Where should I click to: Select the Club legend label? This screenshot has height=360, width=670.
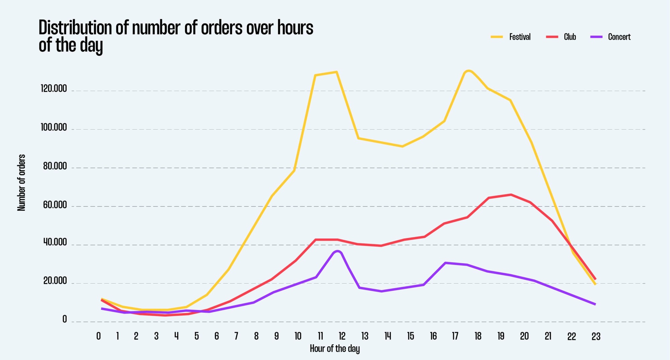[x=569, y=37]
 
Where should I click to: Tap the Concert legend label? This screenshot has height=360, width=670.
[x=619, y=37]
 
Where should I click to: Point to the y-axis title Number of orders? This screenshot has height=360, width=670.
[x=21, y=183]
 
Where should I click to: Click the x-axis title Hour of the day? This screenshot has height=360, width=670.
[x=334, y=349]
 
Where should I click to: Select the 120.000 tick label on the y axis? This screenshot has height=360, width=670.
[x=54, y=89]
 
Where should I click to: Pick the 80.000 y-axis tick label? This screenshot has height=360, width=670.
[x=55, y=166]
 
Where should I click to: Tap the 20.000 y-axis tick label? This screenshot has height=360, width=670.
[x=55, y=281]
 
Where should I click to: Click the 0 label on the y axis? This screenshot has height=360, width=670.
[x=65, y=319]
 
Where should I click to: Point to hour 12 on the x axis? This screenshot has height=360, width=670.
[x=342, y=336]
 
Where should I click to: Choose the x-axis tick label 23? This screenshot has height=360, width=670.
[x=596, y=336]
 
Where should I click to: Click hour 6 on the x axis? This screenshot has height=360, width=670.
[x=216, y=336]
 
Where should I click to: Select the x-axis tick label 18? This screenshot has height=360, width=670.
[x=478, y=336]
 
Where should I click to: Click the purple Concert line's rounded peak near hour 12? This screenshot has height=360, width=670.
[x=337, y=251]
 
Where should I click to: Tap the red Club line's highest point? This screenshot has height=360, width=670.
[x=511, y=195]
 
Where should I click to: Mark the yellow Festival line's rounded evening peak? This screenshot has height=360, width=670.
[x=468, y=71]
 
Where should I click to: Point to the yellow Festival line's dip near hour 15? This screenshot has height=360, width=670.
[x=402, y=146]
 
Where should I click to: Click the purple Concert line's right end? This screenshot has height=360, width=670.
[x=595, y=304]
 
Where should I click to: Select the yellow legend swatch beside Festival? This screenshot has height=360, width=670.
[x=497, y=37]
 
